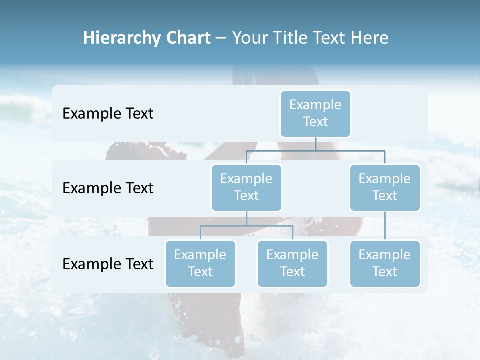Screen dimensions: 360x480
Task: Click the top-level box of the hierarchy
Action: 315,113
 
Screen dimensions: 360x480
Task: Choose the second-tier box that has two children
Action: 246,187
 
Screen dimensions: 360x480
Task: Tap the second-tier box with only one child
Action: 385,187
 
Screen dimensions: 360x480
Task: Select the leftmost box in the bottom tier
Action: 200,263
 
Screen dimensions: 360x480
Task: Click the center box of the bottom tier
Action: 292,263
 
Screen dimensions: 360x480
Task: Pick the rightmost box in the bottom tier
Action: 385,263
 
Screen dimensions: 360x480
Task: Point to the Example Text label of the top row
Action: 108,114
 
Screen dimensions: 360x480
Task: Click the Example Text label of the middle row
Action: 108,188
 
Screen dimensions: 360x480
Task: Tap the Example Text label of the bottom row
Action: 108,264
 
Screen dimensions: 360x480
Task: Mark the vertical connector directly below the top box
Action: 315,144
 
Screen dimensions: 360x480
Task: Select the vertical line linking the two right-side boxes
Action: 385,226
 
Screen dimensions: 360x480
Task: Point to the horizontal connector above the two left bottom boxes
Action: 246,226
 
